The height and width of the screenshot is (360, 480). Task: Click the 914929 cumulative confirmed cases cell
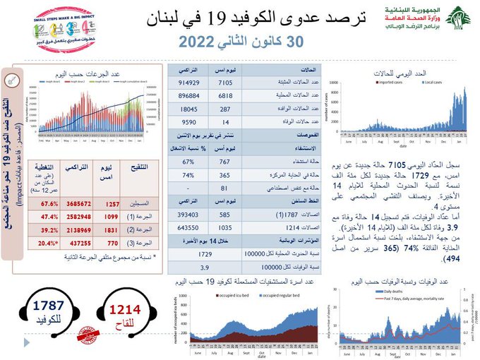click(193, 83)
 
